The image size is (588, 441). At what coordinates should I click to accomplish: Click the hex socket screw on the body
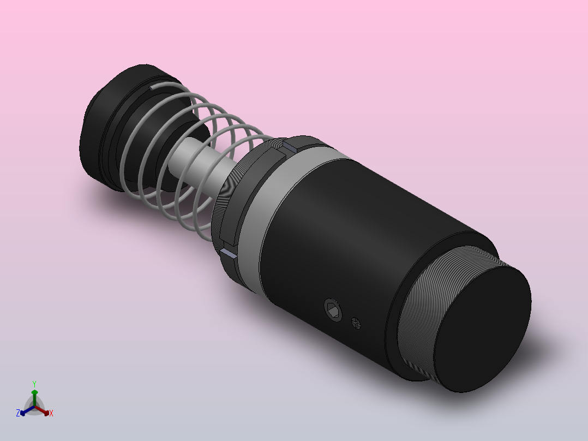coord(333,310)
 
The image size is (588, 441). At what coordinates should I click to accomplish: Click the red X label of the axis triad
coord(51,414)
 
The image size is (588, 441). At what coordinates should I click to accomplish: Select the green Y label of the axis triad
coord(34,384)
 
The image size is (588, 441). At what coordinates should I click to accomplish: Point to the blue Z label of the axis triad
coord(18,414)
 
